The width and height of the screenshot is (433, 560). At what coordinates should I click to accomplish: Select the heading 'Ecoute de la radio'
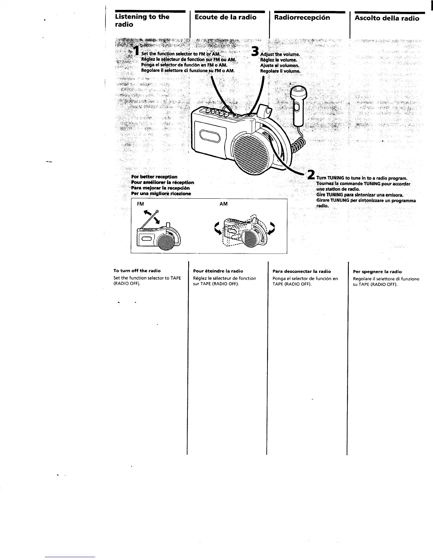click(225, 17)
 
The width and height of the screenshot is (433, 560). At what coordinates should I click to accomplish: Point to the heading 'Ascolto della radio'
click(387, 18)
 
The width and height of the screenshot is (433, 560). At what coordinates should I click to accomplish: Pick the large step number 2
click(311, 175)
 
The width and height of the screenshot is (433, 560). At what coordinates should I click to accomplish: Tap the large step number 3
click(256, 52)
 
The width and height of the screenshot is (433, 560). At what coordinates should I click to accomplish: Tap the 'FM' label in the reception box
click(140, 204)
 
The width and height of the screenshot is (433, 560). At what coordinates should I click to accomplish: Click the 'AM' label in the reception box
click(223, 204)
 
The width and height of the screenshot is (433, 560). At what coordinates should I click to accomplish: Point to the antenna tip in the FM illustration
click(157, 212)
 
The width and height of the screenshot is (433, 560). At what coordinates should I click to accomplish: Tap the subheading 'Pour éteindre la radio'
click(218, 271)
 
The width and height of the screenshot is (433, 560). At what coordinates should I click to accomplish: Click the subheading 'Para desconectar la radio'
click(302, 272)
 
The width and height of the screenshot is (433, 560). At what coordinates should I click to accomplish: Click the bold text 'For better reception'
click(154, 176)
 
